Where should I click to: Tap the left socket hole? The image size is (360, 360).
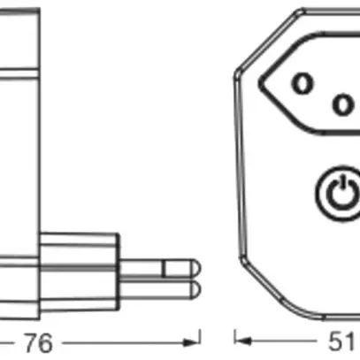[x=303, y=83]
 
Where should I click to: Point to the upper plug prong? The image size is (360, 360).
[x=159, y=265]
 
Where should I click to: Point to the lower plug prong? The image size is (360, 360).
[x=159, y=288]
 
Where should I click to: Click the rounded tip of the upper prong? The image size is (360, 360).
[x=195, y=265]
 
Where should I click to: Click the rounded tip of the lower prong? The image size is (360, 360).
[x=195, y=288]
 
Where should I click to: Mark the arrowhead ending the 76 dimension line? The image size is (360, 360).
[x=193, y=339]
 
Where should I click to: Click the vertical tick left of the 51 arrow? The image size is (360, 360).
[x=235, y=339]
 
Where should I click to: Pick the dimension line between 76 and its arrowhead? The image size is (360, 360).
[x=124, y=339]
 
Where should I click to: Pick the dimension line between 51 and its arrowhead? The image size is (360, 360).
[x=283, y=339]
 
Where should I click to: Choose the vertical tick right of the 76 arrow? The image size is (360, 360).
[x=201, y=339]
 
